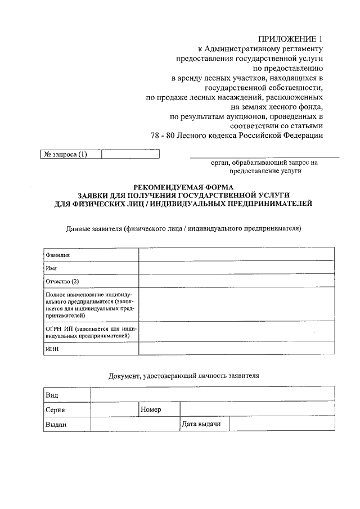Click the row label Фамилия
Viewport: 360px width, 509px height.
(x=57, y=255)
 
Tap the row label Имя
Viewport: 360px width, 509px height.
(x=51, y=268)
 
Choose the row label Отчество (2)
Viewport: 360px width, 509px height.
(x=62, y=281)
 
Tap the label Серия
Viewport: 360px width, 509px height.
(x=55, y=410)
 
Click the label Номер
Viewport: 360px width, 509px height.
(x=151, y=410)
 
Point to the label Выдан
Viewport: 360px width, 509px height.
(x=56, y=425)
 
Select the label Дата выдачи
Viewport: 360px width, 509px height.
(x=201, y=424)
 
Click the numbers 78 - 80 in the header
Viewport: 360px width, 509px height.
(x=163, y=136)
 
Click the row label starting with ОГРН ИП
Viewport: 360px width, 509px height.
(x=90, y=331)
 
